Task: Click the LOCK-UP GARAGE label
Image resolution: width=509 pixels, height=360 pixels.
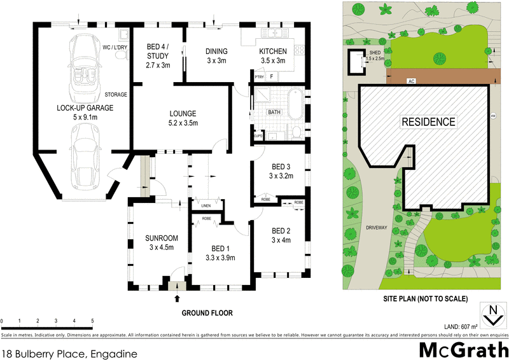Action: [76, 108]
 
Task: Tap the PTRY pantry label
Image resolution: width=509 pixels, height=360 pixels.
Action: [258, 77]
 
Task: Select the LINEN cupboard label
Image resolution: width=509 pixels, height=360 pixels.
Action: [206, 205]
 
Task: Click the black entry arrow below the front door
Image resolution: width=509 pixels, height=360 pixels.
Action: [177, 298]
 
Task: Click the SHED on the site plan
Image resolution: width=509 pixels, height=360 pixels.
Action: [356, 61]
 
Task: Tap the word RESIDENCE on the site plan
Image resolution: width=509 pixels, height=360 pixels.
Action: [428, 121]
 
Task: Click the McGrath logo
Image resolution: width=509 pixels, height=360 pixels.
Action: [463, 349]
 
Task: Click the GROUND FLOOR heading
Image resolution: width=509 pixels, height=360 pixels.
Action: [207, 313]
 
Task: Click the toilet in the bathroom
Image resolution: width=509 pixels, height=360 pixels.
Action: [296, 132]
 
